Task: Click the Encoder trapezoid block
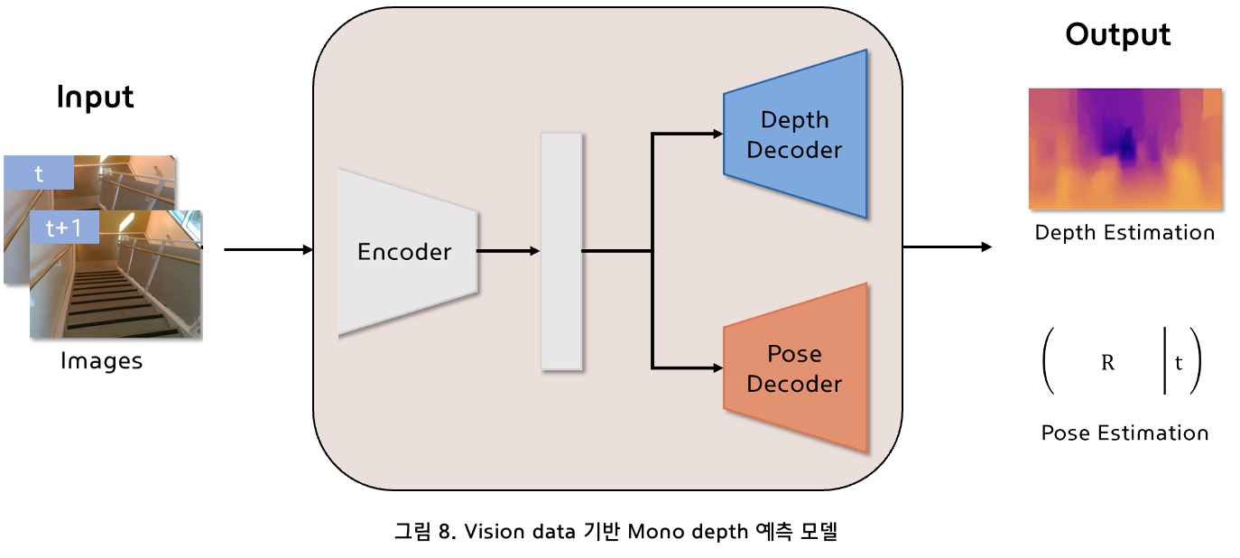pyautogui.click(x=407, y=252)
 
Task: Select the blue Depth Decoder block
pyautogui.click(x=795, y=135)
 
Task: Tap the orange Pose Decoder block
pyautogui.click(x=795, y=368)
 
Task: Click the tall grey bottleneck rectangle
pyautogui.click(x=561, y=251)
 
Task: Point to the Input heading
pyautogui.click(x=96, y=97)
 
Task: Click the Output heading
pyautogui.click(x=1117, y=35)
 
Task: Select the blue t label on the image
pyautogui.click(x=39, y=172)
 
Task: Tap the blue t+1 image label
pyautogui.click(x=64, y=227)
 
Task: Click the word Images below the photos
pyautogui.click(x=101, y=361)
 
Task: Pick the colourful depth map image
pyautogui.click(x=1125, y=148)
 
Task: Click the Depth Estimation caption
pyautogui.click(x=1124, y=233)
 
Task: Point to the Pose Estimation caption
pyautogui.click(x=1124, y=432)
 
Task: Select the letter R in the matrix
pyautogui.click(x=1107, y=363)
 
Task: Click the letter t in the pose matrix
pyautogui.click(x=1179, y=363)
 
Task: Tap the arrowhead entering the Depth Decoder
pyautogui.click(x=718, y=134)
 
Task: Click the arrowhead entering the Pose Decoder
pyautogui.click(x=718, y=367)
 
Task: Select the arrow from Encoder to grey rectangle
pyautogui.click(x=508, y=251)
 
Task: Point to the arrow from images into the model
pyautogui.click(x=269, y=250)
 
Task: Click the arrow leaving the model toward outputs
pyautogui.click(x=948, y=246)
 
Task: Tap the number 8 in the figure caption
pyautogui.click(x=445, y=532)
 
